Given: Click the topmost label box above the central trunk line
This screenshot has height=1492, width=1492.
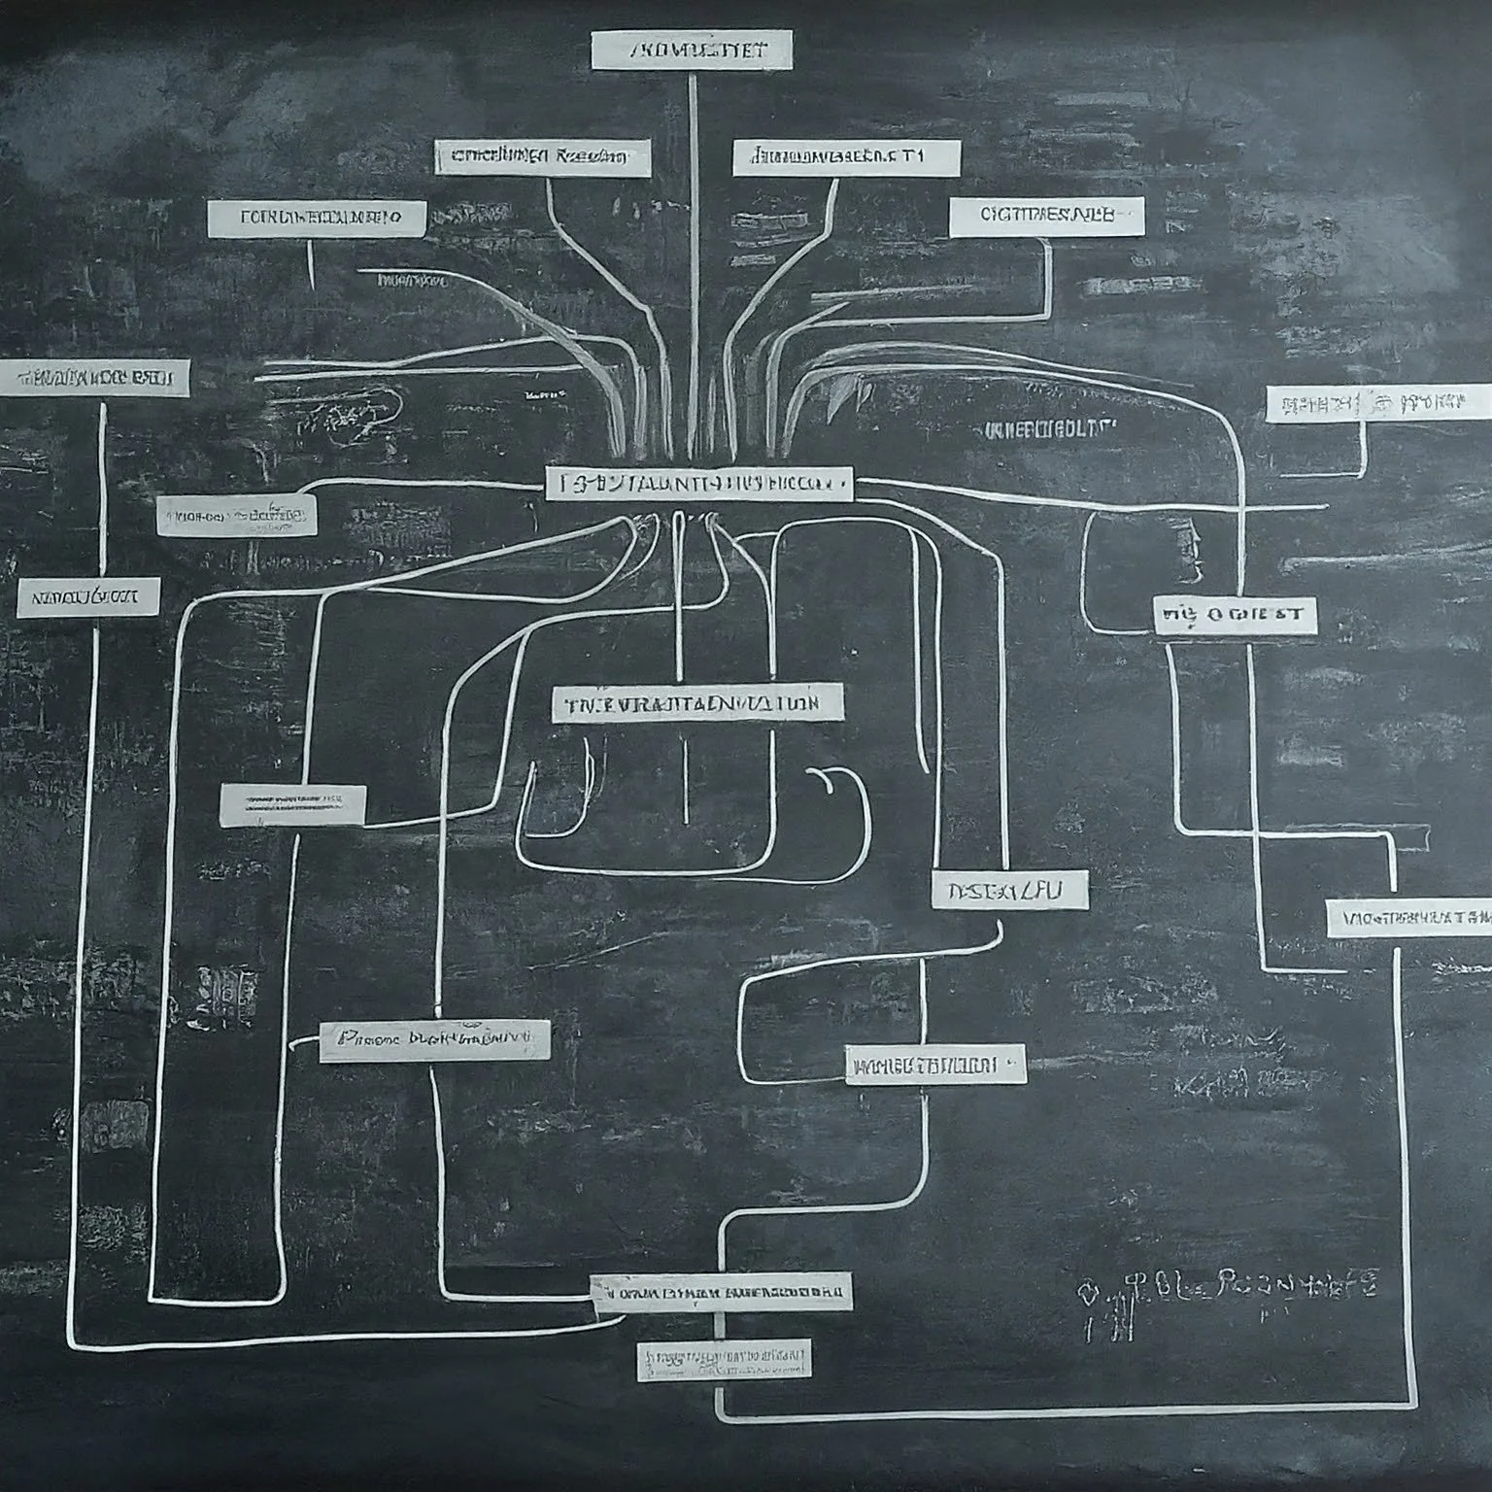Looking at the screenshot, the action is click(691, 51).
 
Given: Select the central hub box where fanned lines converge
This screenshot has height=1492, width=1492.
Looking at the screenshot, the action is click(698, 482).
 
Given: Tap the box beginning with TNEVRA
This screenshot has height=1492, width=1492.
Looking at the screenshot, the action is click(697, 703).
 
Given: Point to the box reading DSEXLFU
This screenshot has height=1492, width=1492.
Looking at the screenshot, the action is click(1009, 889).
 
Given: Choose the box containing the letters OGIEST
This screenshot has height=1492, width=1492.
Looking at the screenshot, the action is click(1236, 616).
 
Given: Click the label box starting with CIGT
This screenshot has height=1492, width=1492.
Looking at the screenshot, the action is click(1045, 217).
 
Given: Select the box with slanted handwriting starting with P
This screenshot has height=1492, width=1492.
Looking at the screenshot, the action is click(434, 1040).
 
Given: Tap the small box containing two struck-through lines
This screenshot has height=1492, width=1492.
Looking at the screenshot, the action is click(293, 805).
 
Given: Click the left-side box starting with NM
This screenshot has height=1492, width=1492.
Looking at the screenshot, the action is click(87, 598).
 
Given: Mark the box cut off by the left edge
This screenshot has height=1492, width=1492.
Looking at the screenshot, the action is click(94, 377).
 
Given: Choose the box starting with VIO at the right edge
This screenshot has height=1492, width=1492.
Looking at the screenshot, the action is click(1408, 918).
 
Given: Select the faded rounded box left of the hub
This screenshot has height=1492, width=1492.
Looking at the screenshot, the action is click(236, 515).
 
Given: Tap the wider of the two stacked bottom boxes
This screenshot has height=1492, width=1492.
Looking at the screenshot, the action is click(722, 1292).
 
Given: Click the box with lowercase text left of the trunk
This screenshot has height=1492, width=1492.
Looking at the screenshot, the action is click(542, 156).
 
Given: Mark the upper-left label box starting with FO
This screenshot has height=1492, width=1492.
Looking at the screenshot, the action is click(317, 219).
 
